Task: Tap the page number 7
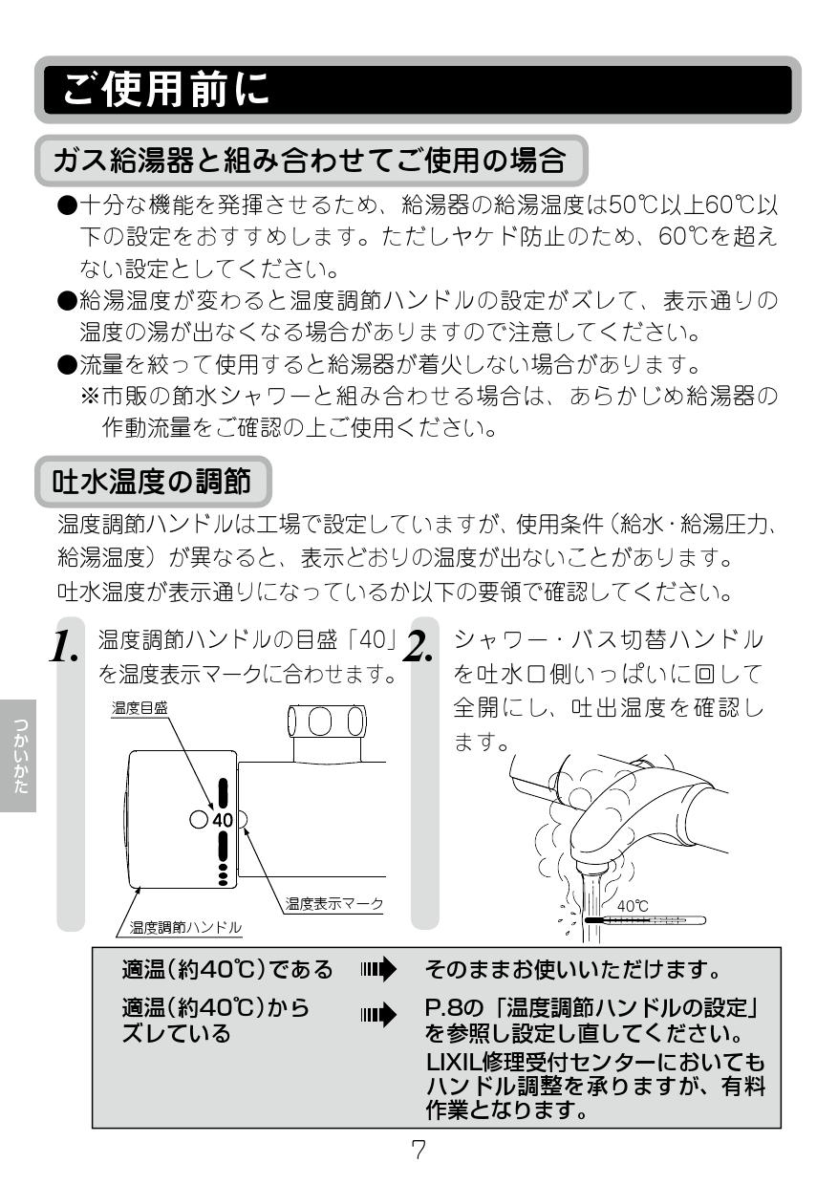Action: [x=418, y=1149]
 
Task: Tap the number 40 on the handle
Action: [x=223, y=820]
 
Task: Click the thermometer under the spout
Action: [x=645, y=920]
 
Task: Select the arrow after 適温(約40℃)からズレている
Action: [x=378, y=1012]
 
